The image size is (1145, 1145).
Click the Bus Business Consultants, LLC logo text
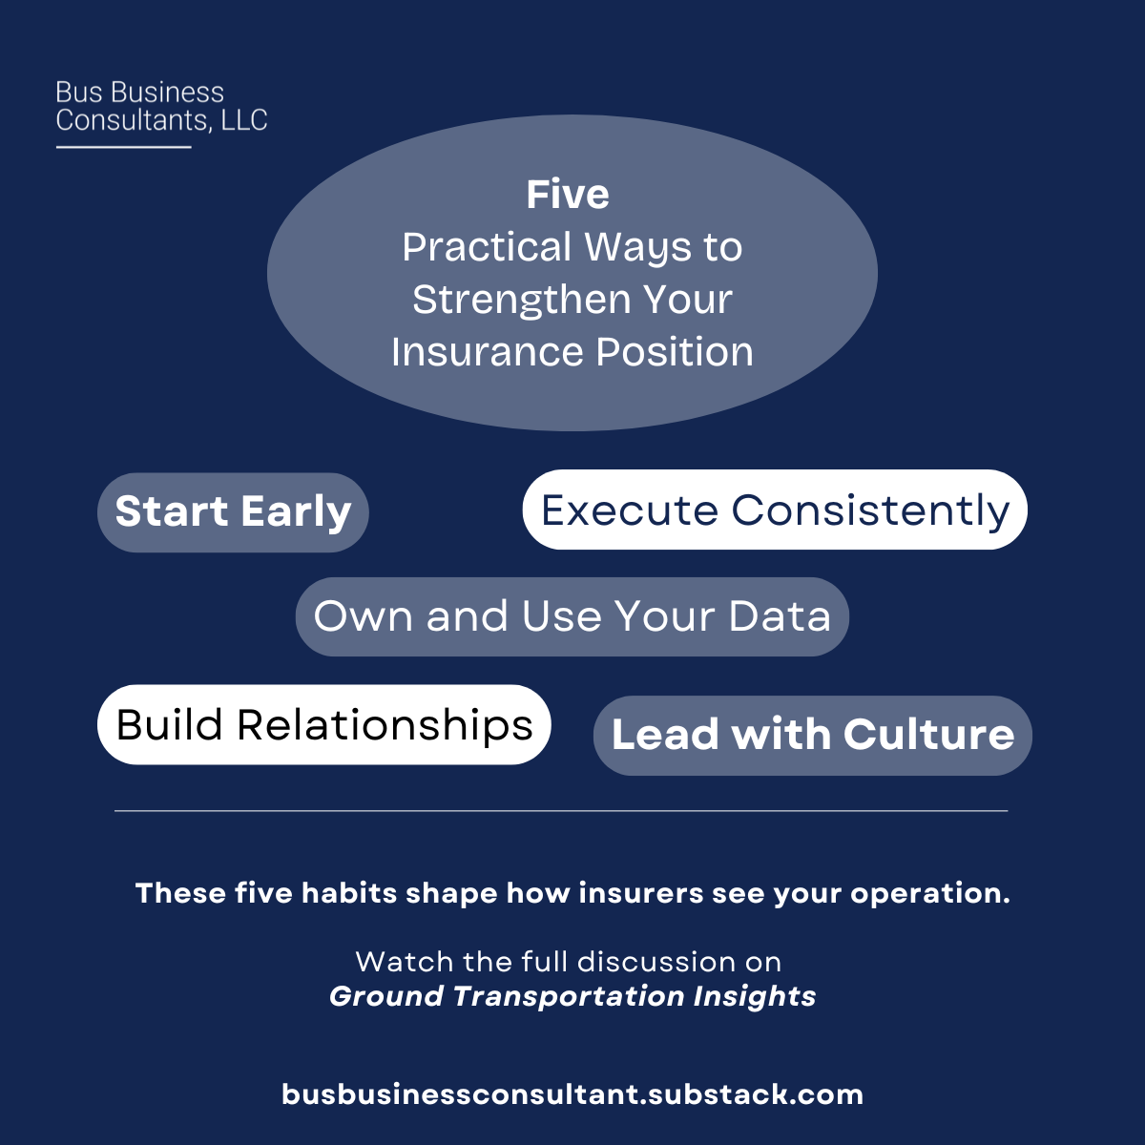tap(161, 106)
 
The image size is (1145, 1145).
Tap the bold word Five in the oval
tap(568, 195)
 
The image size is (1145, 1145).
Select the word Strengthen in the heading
tap(520, 300)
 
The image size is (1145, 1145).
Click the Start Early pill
tap(233, 512)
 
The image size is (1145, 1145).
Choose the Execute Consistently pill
tap(775, 510)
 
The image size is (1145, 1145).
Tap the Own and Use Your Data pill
tap(572, 616)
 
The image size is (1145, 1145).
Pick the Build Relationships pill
tap(323, 724)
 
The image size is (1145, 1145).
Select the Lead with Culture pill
tap(812, 735)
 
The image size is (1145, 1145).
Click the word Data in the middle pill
tap(780, 616)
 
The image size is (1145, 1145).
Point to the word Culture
tap(928, 735)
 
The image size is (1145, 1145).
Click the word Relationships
tap(385, 724)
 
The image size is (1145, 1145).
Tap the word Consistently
tap(870, 510)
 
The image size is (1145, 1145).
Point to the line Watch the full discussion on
tap(569, 961)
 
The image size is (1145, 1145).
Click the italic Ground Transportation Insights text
tap(572, 996)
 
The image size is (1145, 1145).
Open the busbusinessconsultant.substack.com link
tap(572, 1094)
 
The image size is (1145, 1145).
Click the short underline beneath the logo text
tap(124, 147)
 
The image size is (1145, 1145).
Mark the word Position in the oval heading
tap(675, 352)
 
